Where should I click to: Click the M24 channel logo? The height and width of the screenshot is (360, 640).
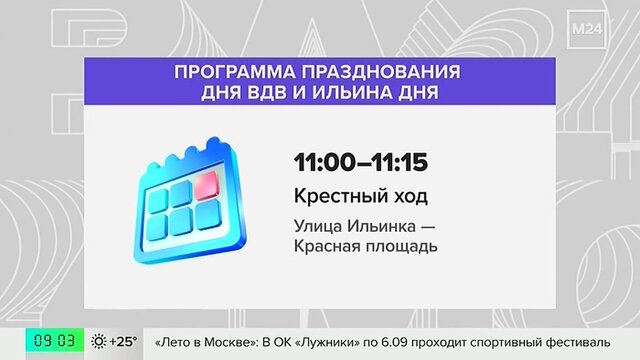pos(587,29)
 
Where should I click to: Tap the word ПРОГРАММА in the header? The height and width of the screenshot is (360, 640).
pos(235,72)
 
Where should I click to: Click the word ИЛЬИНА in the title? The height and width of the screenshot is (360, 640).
pos(352,93)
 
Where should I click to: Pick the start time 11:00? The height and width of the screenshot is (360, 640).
pos(325,162)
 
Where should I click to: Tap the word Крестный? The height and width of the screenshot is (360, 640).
pos(337,196)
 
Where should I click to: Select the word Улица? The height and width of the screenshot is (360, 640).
pos(317,227)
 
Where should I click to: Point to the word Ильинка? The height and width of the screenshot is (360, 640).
pos(381,226)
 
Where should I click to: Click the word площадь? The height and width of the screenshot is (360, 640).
pos(401,247)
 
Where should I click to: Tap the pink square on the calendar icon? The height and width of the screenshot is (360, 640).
pos(207,185)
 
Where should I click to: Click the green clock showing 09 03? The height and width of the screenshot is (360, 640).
pos(55,340)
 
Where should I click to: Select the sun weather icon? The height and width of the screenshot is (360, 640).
pos(99,341)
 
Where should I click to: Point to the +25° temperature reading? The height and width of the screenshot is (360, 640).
pos(123,341)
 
